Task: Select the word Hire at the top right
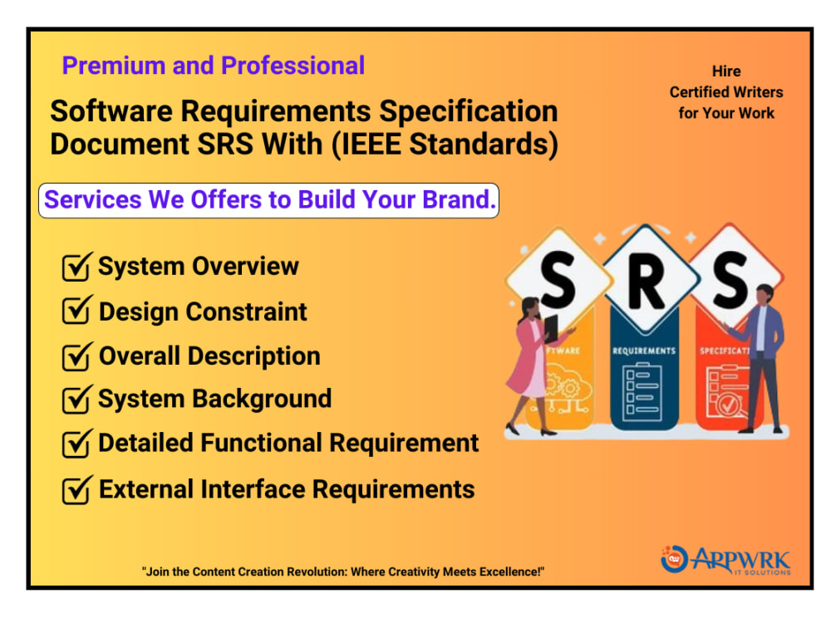click(x=726, y=71)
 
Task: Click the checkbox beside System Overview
click(x=76, y=267)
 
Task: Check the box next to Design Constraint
click(x=76, y=312)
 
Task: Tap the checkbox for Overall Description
click(x=76, y=356)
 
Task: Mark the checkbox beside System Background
click(x=76, y=400)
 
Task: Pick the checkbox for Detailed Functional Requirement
click(x=76, y=444)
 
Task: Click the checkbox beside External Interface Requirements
click(x=76, y=489)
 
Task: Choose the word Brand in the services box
click(x=457, y=200)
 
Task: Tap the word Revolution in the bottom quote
click(x=302, y=571)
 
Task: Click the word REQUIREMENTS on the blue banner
click(x=643, y=351)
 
